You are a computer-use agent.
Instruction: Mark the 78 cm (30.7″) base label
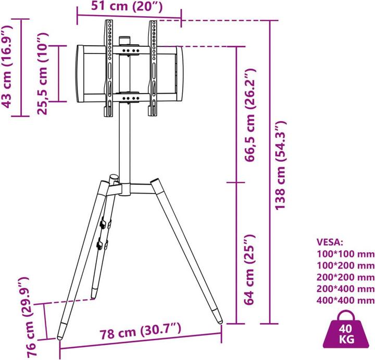click(141, 344)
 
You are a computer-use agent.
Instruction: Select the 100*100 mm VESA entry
click(345, 254)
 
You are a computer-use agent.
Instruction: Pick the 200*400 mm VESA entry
click(345, 289)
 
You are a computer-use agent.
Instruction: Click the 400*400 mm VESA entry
click(345, 300)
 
